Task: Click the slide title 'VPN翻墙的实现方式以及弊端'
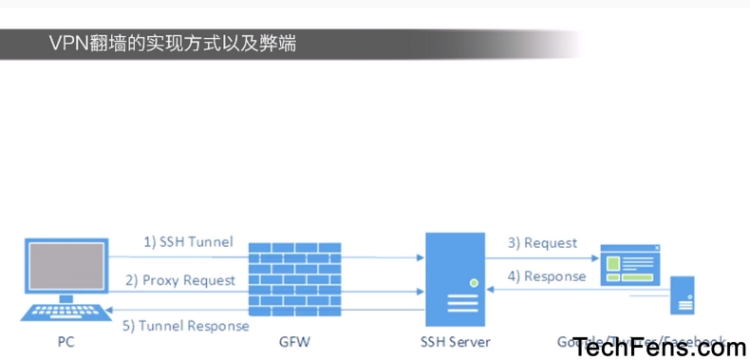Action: (x=171, y=43)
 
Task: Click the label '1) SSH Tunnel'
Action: (x=188, y=242)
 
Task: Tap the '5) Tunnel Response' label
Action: (x=186, y=326)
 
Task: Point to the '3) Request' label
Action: (x=542, y=243)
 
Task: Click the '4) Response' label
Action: (x=546, y=277)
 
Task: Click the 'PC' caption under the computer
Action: (x=65, y=340)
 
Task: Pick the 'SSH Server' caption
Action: (x=456, y=340)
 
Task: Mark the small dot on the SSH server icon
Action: (x=472, y=282)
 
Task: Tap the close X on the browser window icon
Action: (x=657, y=249)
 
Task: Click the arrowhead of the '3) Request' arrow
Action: (x=593, y=256)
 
